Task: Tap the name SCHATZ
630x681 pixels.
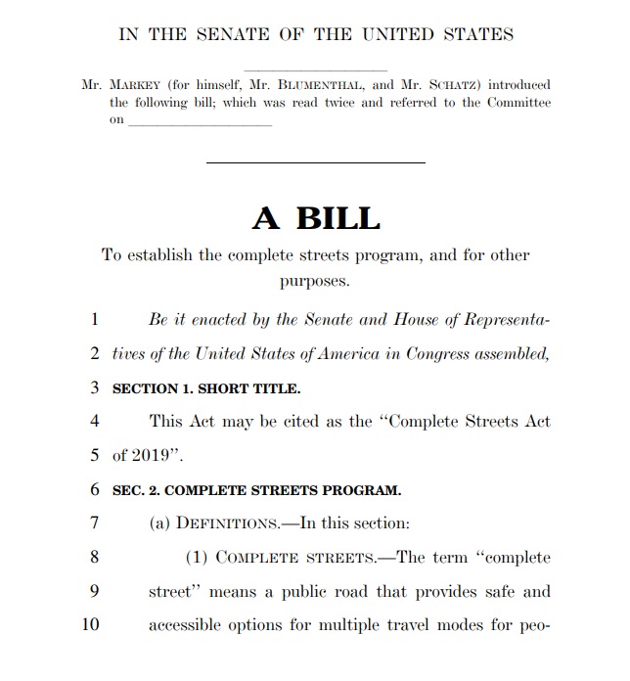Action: pos(450,85)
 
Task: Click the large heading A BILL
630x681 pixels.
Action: pos(315,217)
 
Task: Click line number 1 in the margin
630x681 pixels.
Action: pos(95,319)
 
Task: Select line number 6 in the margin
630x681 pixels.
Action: pos(95,489)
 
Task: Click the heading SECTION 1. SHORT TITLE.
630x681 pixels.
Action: pos(207,388)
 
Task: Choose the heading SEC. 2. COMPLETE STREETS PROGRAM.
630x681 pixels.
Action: pos(257,490)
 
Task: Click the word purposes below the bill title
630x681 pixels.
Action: pos(315,282)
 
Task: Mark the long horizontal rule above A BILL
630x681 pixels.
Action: pos(315,162)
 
